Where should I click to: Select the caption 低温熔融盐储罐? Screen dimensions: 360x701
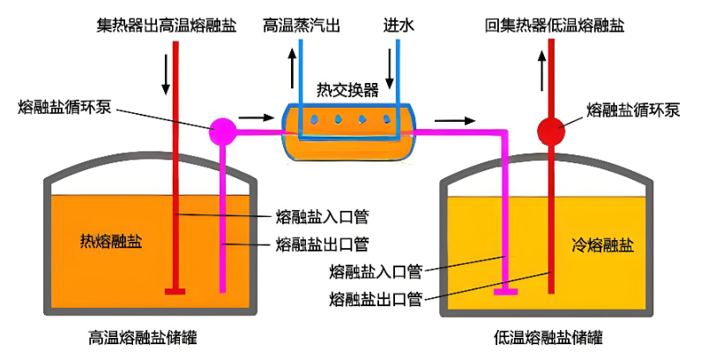click(549, 338)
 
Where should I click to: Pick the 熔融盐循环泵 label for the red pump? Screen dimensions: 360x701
click(633, 110)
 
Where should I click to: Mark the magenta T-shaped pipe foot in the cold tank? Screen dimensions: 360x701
click(506, 290)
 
